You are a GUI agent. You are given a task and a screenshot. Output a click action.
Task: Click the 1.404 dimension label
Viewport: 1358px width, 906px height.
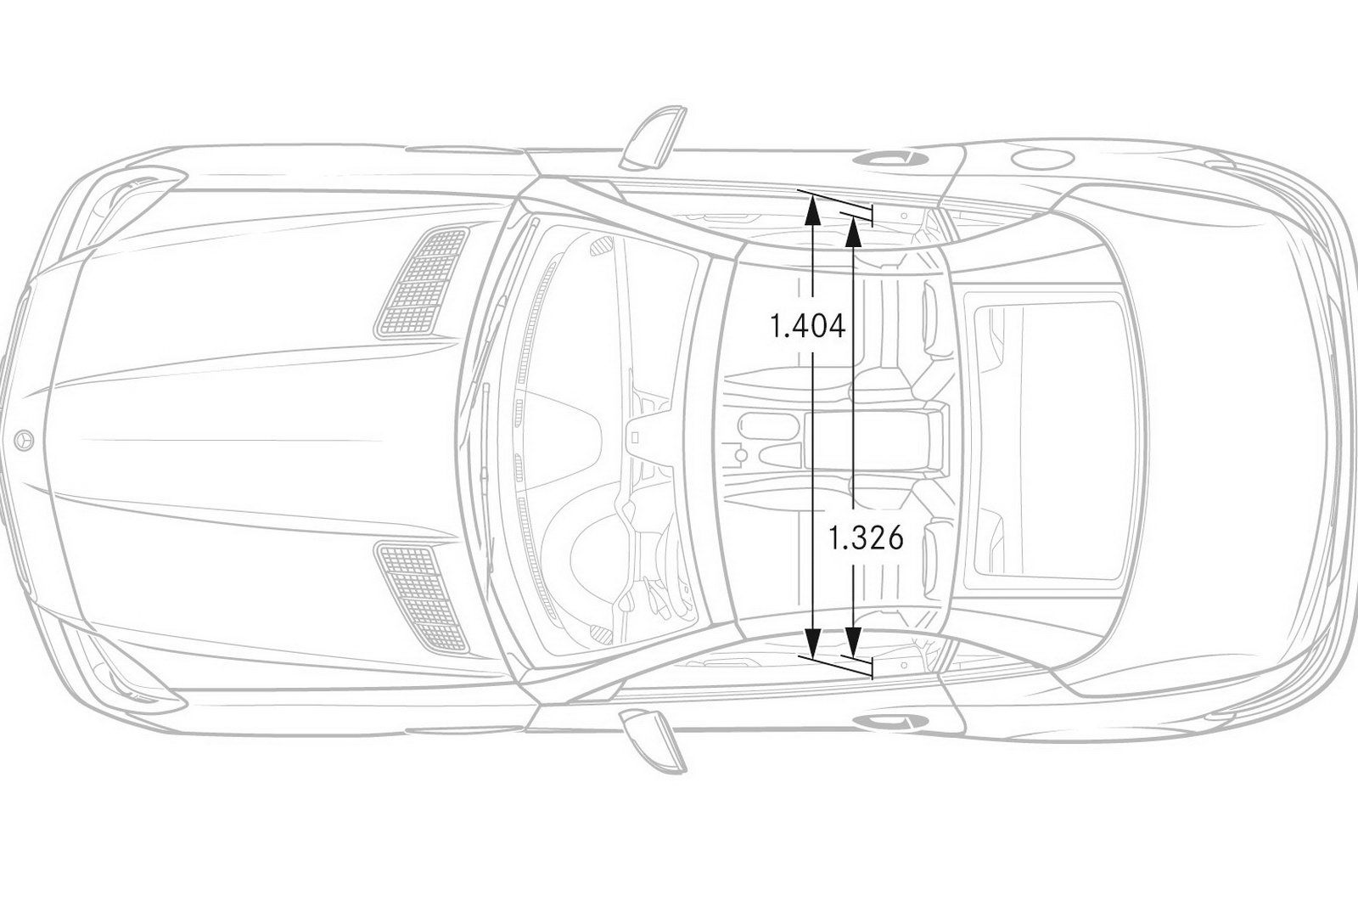807,327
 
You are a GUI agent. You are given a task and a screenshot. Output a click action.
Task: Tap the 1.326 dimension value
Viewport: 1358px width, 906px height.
866,538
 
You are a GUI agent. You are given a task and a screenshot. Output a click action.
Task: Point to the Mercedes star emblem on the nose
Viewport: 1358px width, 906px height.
24,440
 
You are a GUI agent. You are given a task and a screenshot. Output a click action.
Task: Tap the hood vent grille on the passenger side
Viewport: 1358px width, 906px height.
423,281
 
